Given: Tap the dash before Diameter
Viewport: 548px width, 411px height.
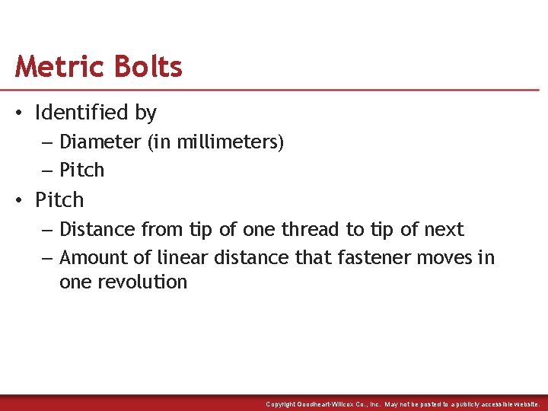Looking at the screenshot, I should point(47,142).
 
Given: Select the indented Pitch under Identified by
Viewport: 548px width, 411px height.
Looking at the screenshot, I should point(81,170).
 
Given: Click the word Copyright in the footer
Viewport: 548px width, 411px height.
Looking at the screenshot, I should point(282,404).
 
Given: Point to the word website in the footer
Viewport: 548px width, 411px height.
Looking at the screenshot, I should point(524,404).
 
